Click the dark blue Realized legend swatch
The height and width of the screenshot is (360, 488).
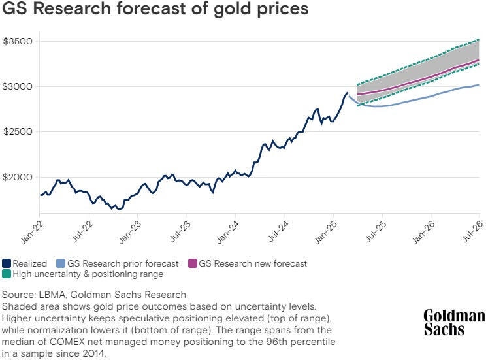click(7, 264)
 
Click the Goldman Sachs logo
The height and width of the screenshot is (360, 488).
click(453, 322)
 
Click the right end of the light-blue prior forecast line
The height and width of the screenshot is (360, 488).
click(479, 84)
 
